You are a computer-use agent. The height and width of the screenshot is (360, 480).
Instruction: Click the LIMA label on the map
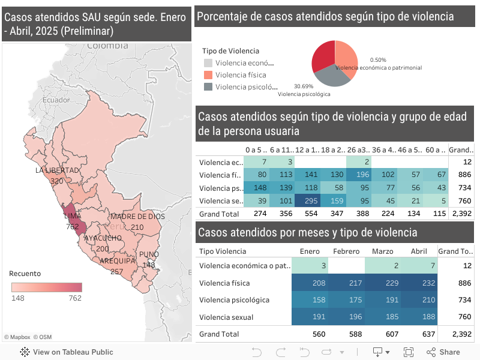72,216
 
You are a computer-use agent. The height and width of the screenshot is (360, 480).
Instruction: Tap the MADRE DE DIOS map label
137,217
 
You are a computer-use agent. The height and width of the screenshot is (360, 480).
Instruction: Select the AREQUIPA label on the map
117,261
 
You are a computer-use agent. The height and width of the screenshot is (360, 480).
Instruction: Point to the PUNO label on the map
149,254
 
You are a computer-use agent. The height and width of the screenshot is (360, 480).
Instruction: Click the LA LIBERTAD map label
58,170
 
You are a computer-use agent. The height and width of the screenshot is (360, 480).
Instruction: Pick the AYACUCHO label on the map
103,238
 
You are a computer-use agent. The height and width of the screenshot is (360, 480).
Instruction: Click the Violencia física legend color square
208,75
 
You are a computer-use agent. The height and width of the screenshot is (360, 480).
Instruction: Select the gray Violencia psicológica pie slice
333,75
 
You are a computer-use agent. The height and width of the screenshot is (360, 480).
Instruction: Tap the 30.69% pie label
303,86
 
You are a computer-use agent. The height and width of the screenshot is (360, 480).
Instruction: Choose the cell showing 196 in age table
359,175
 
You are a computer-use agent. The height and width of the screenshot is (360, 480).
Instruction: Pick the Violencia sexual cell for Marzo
383,316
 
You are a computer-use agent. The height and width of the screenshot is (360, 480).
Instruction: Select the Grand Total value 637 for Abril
419,334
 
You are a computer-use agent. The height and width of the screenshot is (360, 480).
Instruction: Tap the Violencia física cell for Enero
311,283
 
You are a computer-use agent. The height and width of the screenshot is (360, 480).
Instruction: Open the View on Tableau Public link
67,352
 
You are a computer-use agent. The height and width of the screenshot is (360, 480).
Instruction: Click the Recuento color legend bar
47,287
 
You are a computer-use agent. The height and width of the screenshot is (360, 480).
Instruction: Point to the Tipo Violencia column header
223,251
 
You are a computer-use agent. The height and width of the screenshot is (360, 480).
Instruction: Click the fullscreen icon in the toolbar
409,352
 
